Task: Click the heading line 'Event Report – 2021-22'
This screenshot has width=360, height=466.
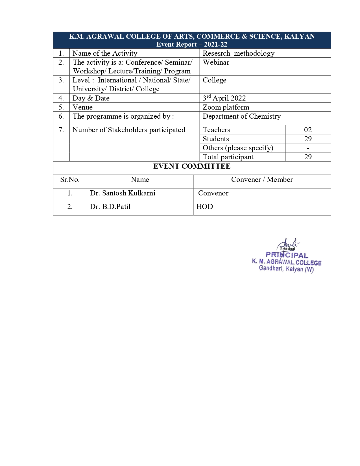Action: tap(192, 44)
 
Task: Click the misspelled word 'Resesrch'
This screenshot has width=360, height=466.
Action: tap(216, 53)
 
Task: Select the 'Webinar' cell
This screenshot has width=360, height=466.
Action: tap(216, 62)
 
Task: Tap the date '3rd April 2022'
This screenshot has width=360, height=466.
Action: tap(224, 98)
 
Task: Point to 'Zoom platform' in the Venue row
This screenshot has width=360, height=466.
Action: tap(226, 107)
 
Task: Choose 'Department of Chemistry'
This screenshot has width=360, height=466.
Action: tap(242, 116)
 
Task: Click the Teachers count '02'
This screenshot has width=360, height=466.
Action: tap(308, 130)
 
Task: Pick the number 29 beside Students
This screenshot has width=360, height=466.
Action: tap(308, 139)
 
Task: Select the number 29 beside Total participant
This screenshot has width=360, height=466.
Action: tap(308, 157)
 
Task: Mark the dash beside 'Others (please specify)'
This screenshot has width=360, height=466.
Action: tap(308, 148)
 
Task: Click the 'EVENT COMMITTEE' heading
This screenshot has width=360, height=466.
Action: tap(192, 166)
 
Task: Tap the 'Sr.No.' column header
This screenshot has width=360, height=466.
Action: tap(70, 180)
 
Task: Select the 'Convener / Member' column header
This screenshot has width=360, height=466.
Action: tap(262, 180)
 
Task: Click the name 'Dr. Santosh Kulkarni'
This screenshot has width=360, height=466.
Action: tap(123, 193)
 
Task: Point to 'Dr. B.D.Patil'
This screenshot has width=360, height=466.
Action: tap(110, 207)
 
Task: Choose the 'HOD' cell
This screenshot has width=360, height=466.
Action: tap(205, 207)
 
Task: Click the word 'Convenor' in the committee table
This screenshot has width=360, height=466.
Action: tap(213, 193)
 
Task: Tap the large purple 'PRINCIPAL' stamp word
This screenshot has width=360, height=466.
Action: tap(287, 255)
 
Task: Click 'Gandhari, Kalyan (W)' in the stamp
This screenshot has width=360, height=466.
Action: tap(286, 269)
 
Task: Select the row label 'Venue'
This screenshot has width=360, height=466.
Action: tap(82, 107)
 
